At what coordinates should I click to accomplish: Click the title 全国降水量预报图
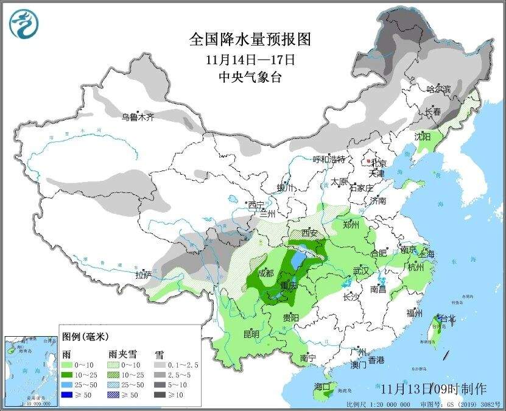250,40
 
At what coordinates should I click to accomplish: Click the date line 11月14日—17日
250,60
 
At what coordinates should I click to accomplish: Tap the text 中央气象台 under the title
250,77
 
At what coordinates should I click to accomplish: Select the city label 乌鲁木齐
137,117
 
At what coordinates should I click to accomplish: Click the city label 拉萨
143,275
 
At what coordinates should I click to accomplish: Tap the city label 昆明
251,334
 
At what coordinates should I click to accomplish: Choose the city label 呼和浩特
329,160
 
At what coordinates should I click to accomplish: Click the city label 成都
265,273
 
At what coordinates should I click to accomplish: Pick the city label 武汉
361,270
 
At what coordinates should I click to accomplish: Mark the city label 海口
322,387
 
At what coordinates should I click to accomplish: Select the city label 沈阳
423,136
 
